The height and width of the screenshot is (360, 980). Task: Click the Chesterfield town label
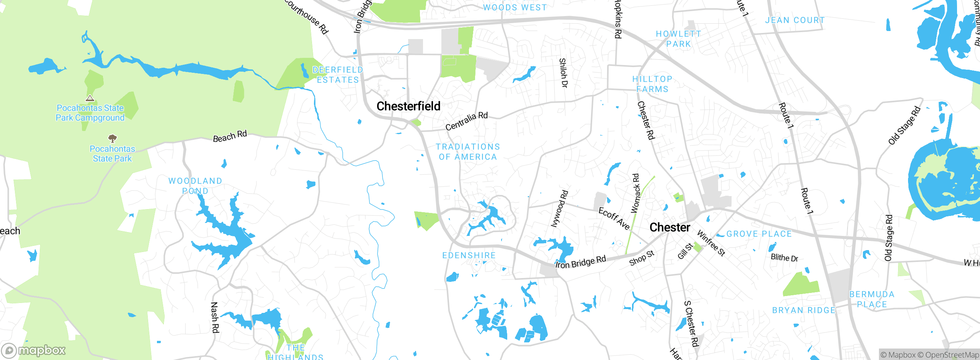[408, 106]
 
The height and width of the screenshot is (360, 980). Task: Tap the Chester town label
[670, 227]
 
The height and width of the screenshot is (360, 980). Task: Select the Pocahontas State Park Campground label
[90, 113]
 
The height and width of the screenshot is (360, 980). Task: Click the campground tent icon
[90, 98]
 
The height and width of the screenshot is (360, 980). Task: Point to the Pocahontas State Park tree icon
[112, 138]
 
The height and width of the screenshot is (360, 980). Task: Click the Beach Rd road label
[230, 136]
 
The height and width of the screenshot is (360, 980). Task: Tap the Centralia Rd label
[466, 121]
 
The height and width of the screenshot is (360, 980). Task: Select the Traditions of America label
[468, 152]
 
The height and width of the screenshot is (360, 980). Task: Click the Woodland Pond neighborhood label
[195, 185]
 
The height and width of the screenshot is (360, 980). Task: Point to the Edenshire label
[469, 255]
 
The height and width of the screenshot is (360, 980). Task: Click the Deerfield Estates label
[338, 75]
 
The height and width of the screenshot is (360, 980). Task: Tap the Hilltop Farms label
[652, 84]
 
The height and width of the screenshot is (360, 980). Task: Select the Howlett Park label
[678, 39]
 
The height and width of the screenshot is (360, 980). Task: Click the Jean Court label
[795, 20]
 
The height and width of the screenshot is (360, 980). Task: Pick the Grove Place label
[759, 234]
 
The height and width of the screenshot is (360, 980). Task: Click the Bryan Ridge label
[804, 310]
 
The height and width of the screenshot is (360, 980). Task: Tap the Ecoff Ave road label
[614, 219]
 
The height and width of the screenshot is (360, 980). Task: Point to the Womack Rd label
[635, 193]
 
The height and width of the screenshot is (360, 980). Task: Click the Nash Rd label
[215, 317]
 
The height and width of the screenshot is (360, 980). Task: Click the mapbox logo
[34, 350]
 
